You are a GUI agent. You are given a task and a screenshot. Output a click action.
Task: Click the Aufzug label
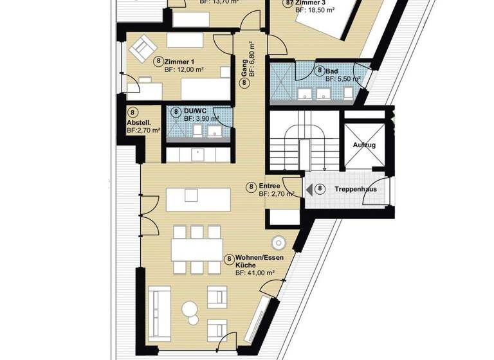point(363,146)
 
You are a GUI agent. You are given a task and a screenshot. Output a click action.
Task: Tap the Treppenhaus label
point(355,190)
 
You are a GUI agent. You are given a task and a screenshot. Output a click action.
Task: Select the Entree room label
point(270,186)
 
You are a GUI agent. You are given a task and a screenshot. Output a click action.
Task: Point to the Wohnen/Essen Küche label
point(255,261)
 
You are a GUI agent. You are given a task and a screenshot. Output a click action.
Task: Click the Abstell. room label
point(138,123)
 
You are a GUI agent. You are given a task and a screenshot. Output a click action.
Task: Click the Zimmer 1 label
point(179,61)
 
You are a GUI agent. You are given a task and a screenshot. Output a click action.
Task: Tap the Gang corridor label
point(244,76)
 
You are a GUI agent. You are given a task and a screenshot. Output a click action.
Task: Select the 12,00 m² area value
point(184,69)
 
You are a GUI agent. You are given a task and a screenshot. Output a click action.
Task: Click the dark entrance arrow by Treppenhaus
point(309,190)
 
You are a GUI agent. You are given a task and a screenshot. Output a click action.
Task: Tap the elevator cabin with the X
point(363,146)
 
